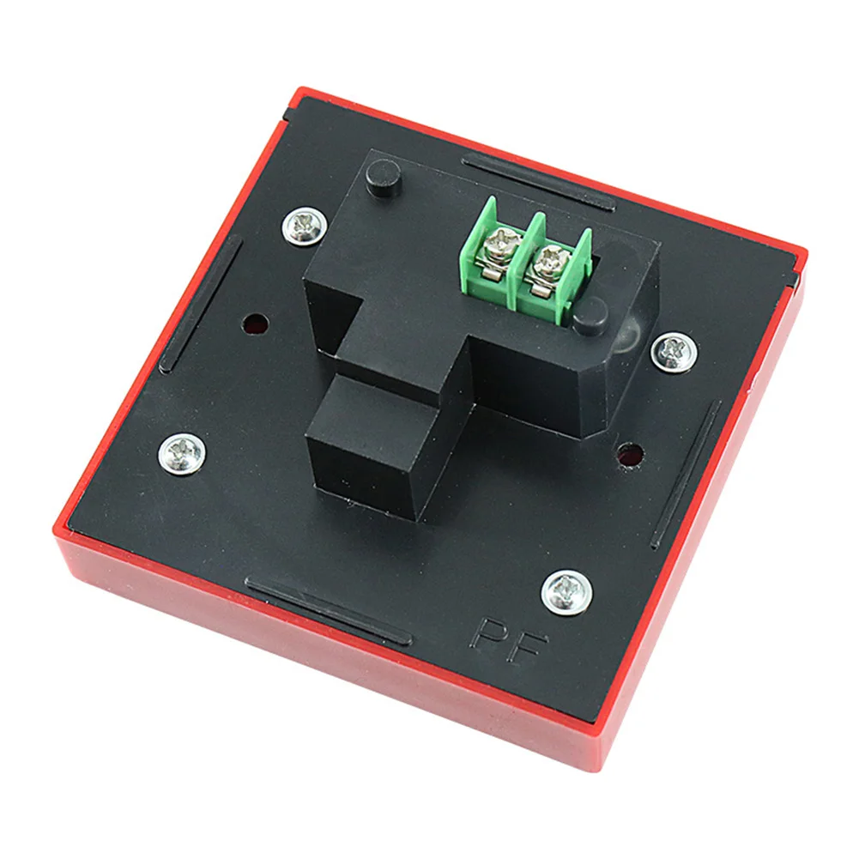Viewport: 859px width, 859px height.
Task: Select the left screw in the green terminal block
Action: pos(497,246)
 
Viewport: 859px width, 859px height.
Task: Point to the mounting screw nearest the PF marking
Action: pos(566,592)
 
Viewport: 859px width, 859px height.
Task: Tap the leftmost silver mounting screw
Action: pos(182,451)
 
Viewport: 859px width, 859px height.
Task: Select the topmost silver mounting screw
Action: pos(304,225)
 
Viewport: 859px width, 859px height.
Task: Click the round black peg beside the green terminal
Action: pos(590,318)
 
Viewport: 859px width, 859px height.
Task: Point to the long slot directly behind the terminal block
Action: pos(538,181)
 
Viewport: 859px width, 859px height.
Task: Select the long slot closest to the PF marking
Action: pos(327,609)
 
